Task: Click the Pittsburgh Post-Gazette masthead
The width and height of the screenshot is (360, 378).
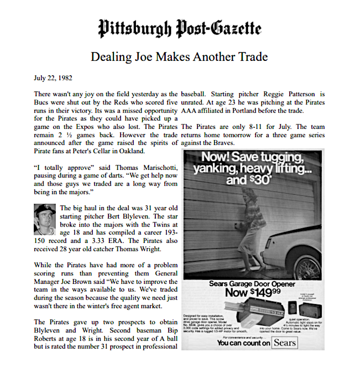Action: pyautogui.click(x=180, y=29)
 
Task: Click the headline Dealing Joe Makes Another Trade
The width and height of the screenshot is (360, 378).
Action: pyautogui.click(x=179, y=57)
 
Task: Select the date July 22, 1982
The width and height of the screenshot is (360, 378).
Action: pyautogui.click(x=51, y=78)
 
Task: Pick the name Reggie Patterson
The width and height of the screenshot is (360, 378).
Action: pyautogui.click(x=279, y=94)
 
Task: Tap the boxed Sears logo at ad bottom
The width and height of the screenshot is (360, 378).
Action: pyautogui.click(x=284, y=342)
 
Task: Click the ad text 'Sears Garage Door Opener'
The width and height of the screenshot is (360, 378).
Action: pyautogui.click(x=252, y=284)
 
